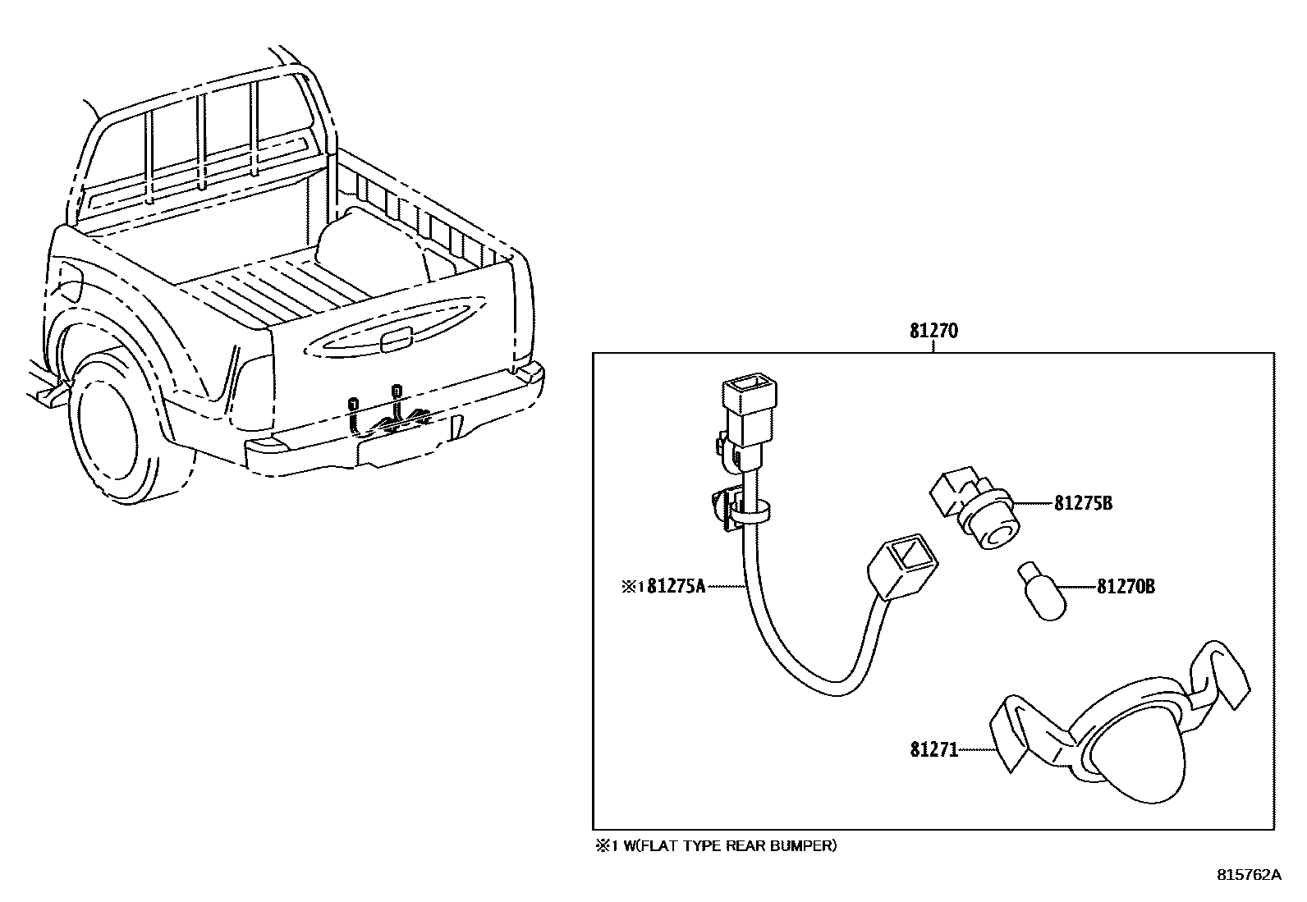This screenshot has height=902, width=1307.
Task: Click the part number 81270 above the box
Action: tap(933, 332)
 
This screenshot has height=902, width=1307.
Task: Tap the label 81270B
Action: tap(1126, 587)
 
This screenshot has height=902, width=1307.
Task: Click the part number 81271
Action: tap(933, 749)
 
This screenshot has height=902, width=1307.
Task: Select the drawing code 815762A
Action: tap(1248, 875)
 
